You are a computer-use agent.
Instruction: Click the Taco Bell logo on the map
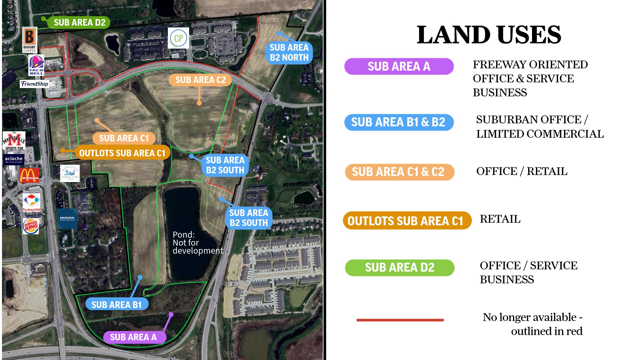(x=36, y=65)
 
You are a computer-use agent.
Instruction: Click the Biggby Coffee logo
(x=29, y=40)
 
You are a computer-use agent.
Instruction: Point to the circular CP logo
(x=178, y=38)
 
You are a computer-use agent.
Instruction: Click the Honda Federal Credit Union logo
(x=67, y=219)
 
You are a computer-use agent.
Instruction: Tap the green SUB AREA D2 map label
(x=79, y=23)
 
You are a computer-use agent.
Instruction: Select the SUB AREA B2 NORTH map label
(x=289, y=53)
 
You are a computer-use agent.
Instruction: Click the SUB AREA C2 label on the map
(x=200, y=80)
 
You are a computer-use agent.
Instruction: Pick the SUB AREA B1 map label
(x=116, y=305)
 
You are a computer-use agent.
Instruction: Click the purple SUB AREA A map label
(x=133, y=337)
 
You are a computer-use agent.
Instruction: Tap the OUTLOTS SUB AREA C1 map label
(x=122, y=153)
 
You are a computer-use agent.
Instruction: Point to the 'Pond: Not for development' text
(x=197, y=243)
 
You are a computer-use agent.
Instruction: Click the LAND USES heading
(x=489, y=35)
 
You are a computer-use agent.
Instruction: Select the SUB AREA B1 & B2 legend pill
(x=399, y=122)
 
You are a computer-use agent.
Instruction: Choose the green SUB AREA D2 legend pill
(x=399, y=268)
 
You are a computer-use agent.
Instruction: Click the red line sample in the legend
(x=400, y=320)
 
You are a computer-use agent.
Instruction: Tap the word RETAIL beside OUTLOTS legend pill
(x=500, y=219)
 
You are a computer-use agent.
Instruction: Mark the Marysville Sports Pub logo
(x=14, y=141)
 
